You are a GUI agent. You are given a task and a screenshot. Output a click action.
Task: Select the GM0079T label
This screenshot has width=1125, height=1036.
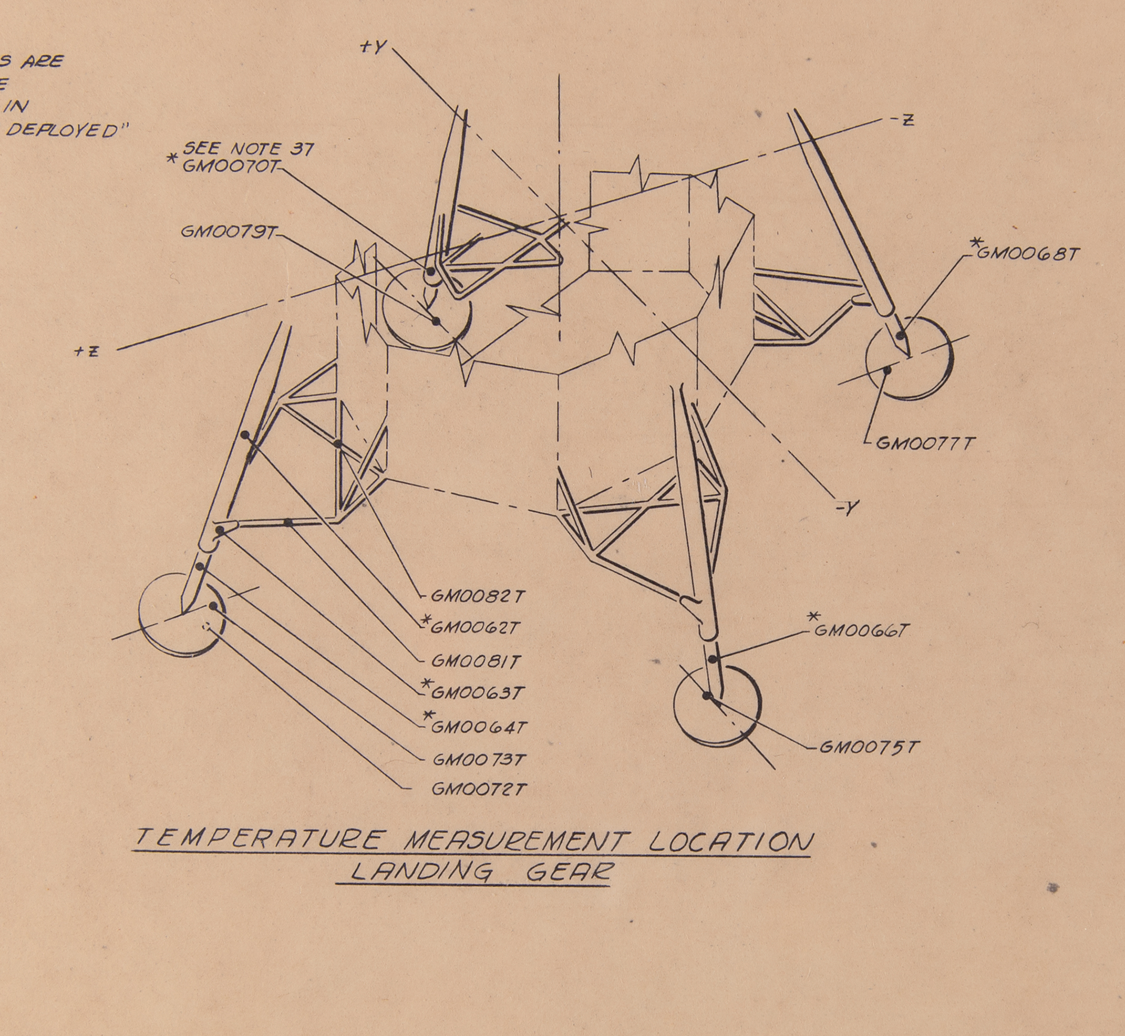227,233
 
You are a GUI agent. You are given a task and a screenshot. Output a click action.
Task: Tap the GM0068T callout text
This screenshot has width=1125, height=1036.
1027,254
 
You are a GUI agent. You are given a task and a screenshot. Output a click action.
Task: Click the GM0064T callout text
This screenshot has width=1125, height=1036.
479,727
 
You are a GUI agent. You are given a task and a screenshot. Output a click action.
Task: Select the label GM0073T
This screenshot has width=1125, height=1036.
479,760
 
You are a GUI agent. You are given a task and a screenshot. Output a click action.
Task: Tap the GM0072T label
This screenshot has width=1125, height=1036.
479,790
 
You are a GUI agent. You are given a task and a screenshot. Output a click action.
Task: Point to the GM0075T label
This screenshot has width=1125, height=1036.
869,747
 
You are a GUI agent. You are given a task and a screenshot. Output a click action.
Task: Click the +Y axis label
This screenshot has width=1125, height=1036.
373,48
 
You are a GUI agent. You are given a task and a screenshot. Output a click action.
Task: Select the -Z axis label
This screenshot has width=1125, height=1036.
903,120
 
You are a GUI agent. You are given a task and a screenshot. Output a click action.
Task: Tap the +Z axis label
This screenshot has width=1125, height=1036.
87,351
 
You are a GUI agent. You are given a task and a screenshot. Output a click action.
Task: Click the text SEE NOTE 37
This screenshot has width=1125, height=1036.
247,149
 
